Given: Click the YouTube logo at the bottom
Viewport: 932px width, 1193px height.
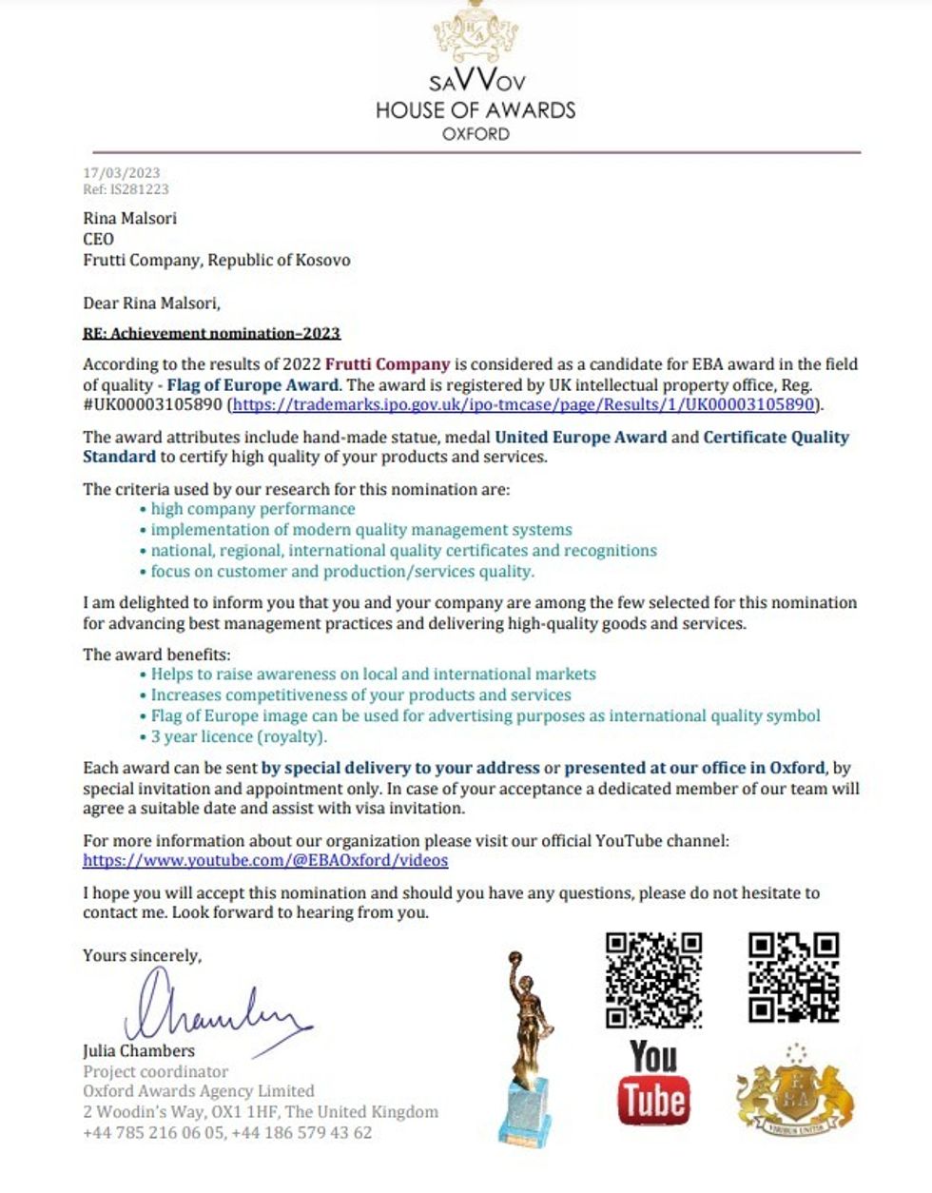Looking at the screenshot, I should (653, 1083).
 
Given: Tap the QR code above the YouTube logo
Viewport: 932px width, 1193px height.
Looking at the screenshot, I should (653, 979).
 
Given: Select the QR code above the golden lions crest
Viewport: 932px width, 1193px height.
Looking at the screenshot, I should (793, 977).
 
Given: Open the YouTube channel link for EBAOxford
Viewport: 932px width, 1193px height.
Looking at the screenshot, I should (265, 860).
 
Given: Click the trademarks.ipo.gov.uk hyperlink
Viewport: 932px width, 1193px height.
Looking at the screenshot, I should (524, 404).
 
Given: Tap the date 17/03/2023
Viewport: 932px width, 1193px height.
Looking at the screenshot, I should (122, 173).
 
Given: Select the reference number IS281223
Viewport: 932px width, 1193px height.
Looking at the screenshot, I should (140, 189).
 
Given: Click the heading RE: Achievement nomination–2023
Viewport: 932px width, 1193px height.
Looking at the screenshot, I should (211, 333).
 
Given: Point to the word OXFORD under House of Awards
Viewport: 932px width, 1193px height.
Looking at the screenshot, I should (476, 134).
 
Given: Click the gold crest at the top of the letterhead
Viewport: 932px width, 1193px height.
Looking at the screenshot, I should (476, 30).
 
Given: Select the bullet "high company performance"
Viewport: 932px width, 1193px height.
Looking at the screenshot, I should (252, 509).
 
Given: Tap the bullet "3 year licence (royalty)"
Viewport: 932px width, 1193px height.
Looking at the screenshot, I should (238, 736).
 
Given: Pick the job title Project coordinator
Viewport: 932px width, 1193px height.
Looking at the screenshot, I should (156, 1071).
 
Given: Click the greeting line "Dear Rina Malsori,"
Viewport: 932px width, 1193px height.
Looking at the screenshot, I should (151, 303).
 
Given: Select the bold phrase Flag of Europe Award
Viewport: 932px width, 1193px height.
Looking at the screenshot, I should (252, 385).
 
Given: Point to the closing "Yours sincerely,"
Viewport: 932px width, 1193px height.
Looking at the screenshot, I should (142, 955).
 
